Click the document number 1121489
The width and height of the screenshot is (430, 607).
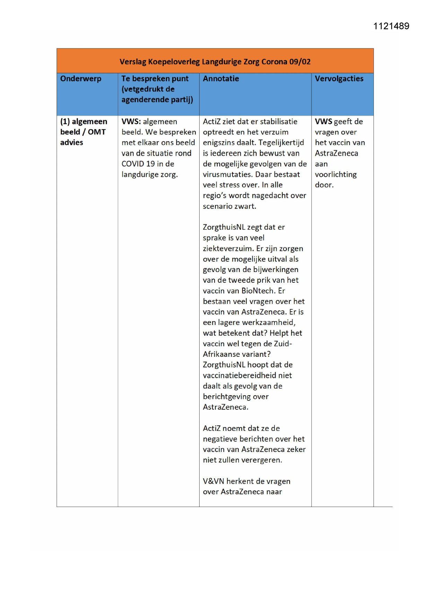(391, 26)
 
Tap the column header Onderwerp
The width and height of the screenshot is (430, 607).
(81, 79)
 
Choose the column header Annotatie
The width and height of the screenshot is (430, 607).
(221, 79)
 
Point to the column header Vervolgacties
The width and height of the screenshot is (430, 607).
(339, 79)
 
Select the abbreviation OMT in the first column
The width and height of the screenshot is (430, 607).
(97, 132)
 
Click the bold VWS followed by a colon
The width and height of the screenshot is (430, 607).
(131, 121)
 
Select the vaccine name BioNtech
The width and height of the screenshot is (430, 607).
(257, 291)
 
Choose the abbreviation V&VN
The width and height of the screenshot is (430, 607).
(213, 481)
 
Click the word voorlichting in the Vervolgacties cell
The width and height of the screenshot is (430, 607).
(335, 174)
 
